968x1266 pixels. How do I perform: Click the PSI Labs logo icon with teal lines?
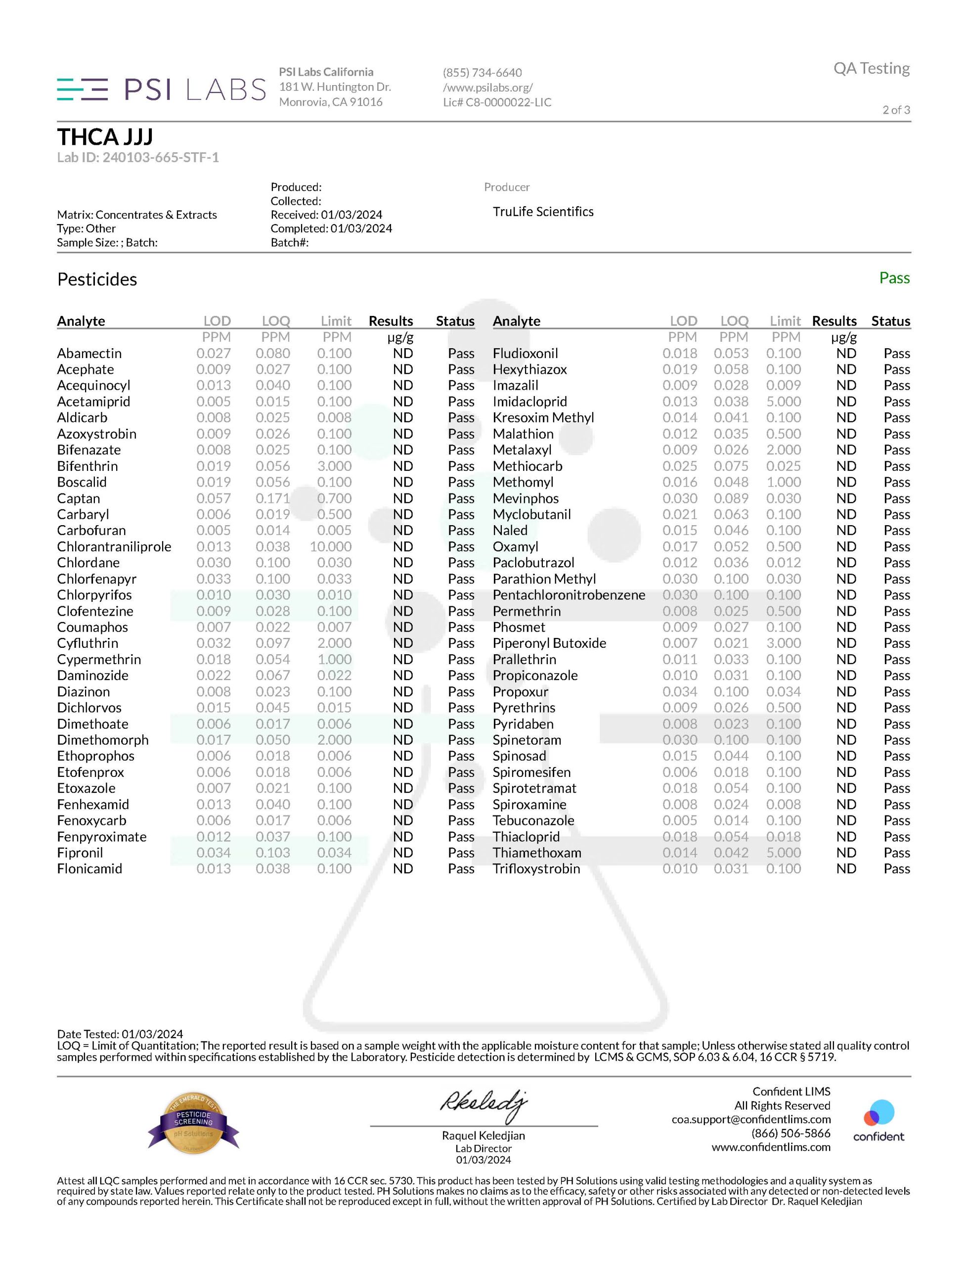pyautogui.click(x=83, y=90)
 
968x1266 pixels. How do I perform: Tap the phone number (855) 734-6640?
pyautogui.click(x=483, y=73)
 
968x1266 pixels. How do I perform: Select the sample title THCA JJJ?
pyautogui.click(x=105, y=137)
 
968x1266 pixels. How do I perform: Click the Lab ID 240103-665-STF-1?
pyautogui.click(x=138, y=157)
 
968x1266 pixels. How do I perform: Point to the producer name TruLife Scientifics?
pyautogui.click(x=543, y=212)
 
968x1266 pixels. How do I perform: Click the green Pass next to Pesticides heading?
pyautogui.click(x=894, y=278)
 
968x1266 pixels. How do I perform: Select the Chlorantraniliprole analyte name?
pyautogui.click(x=114, y=546)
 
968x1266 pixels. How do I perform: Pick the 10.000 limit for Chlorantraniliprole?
pyautogui.click(x=331, y=546)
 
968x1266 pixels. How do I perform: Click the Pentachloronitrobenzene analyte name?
pyautogui.click(x=569, y=595)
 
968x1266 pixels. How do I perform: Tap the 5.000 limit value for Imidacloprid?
pyautogui.click(x=783, y=402)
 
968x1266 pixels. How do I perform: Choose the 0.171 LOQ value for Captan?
pyautogui.click(x=272, y=498)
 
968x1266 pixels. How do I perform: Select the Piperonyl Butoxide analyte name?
pyautogui.click(x=549, y=643)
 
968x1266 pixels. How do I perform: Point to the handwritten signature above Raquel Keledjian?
pyautogui.click(x=484, y=1103)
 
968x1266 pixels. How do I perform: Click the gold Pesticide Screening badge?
pyautogui.click(x=194, y=1123)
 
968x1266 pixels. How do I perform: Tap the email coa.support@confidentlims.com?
pyautogui.click(x=751, y=1119)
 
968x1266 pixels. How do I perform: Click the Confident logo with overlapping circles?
pyautogui.click(x=879, y=1121)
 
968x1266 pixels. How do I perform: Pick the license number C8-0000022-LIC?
pyautogui.click(x=497, y=102)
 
